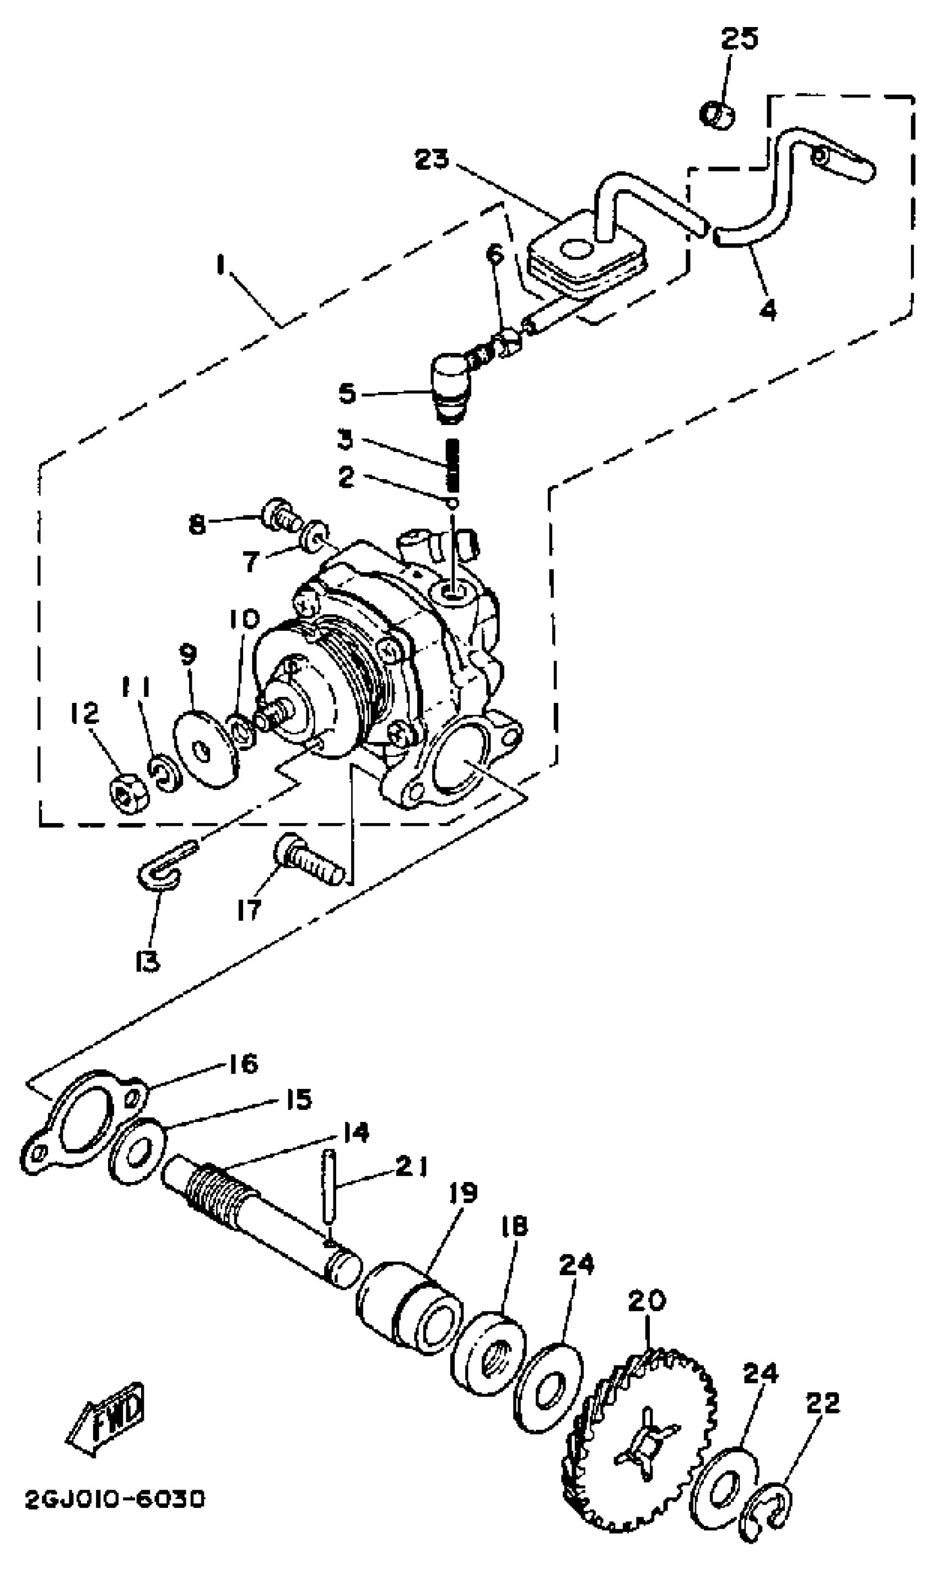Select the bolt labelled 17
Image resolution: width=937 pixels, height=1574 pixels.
309,863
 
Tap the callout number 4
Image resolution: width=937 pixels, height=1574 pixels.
767,310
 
